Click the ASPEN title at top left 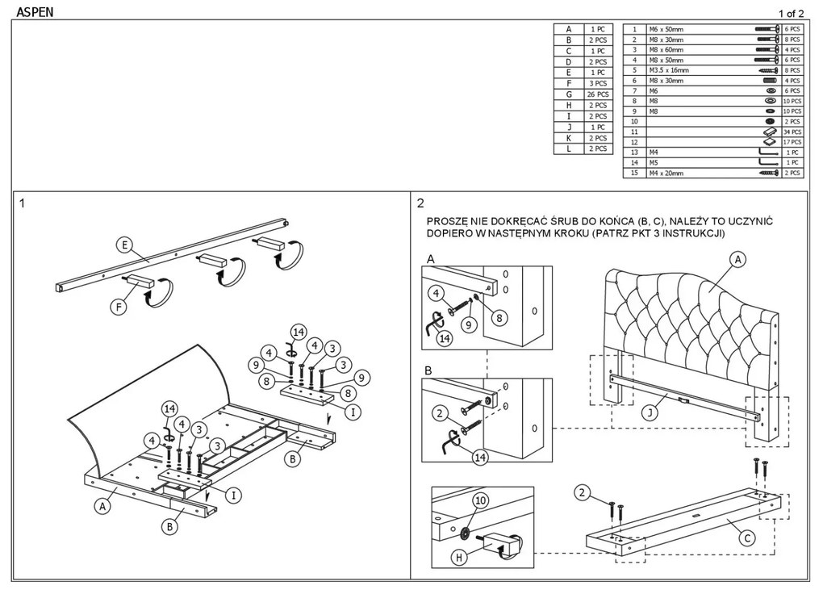tap(35, 12)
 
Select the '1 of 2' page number tap(791, 13)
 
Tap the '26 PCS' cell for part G tap(595, 94)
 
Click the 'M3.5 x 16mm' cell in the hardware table tap(669, 70)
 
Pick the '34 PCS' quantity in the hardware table tap(792, 132)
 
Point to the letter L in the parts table tap(568, 149)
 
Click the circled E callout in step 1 tap(123, 245)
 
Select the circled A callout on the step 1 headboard tap(102, 506)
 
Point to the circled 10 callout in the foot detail tap(480, 501)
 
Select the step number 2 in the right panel tap(421, 203)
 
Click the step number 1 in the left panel tap(23, 203)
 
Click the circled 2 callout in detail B tap(440, 414)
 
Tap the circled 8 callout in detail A tap(499, 318)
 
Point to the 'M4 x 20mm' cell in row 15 tap(666, 173)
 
